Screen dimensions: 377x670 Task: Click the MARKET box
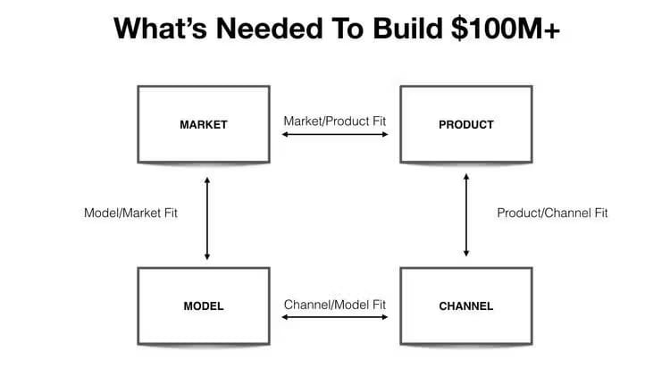click(203, 123)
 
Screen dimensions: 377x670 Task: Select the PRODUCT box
click(465, 123)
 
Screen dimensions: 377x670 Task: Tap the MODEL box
click(203, 305)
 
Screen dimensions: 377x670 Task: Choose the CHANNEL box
click(465, 305)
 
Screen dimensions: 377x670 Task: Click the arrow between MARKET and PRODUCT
click(335, 135)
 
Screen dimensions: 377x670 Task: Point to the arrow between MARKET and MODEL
click(207, 218)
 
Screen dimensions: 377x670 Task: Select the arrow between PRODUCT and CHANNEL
click(466, 214)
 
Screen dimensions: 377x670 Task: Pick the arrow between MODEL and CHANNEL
click(335, 317)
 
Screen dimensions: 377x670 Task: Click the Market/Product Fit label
click(335, 120)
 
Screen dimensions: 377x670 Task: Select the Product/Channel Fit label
click(552, 214)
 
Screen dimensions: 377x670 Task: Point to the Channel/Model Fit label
click(335, 305)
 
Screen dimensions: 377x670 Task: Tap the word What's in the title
click(163, 30)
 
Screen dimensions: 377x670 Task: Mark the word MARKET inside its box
click(203, 124)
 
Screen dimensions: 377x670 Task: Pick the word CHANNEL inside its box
click(465, 306)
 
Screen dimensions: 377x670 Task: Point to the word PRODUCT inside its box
click(465, 124)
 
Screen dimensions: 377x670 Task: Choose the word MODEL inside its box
click(203, 306)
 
